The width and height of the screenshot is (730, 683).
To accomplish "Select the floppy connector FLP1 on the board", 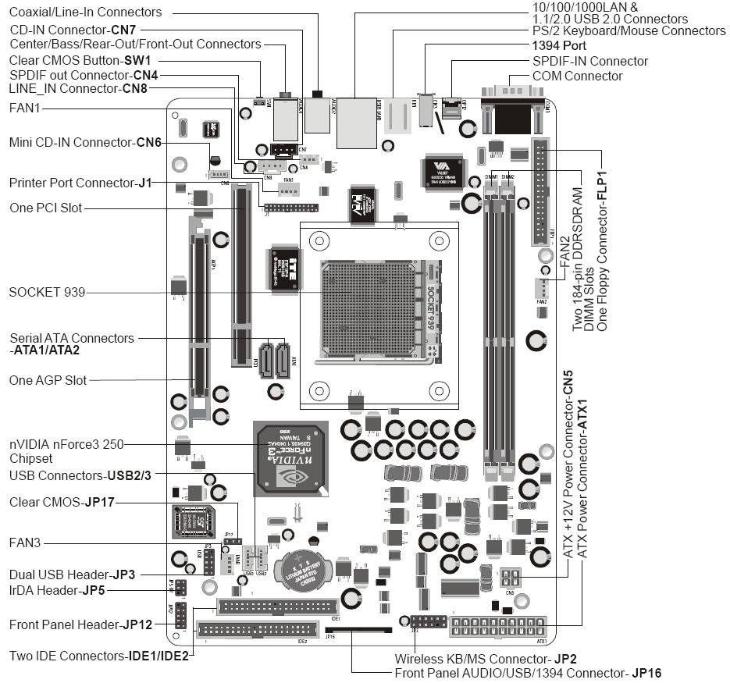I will click(539, 192).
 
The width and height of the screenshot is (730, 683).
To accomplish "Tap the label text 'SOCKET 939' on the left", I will click(47, 293).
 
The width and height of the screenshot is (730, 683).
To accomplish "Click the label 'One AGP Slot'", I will click(48, 380).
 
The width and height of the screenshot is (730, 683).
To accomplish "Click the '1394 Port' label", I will click(559, 46).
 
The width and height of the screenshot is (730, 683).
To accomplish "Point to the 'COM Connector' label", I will click(577, 76).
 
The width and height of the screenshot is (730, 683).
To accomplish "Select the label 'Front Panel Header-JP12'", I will click(80, 624).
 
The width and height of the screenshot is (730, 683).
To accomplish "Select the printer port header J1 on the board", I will click(291, 208).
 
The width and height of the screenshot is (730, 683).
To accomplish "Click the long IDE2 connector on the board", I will click(258, 629).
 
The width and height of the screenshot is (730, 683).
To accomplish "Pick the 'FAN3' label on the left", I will click(25, 542).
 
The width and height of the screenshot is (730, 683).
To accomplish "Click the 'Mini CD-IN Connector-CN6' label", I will click(85, 143).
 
